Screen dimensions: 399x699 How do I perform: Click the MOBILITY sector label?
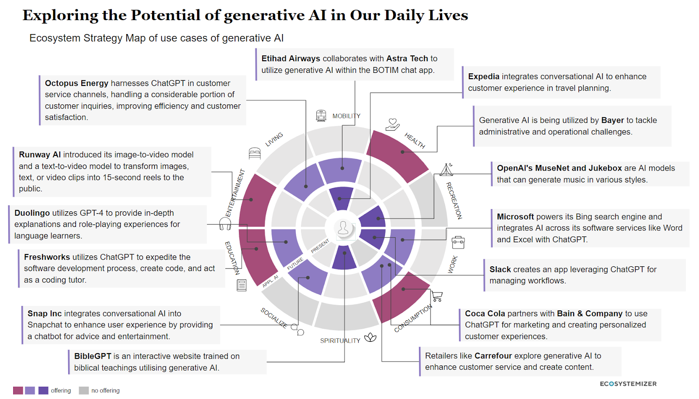[346, 116]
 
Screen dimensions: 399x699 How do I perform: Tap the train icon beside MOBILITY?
[321, 116]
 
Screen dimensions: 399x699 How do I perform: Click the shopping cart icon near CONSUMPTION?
[437, 296]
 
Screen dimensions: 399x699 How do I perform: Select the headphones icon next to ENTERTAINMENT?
[225, 224]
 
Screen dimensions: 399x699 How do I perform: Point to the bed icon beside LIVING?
[255, 153]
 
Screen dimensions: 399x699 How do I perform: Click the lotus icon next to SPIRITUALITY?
[370, 337]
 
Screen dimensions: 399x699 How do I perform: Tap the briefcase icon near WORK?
[458, 242]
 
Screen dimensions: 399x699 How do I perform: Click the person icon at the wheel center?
[343, 228]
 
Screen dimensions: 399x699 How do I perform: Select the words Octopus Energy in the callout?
[76, 83]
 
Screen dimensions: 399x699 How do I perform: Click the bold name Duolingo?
[32, 213]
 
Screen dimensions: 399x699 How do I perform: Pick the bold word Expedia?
[484, 77]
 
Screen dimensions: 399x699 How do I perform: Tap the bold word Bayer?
[612, 120]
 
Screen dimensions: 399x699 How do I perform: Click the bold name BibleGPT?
[93, 356]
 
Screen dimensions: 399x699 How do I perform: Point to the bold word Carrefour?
[493, 356]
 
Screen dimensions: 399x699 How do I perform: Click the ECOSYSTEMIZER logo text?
[628, 384]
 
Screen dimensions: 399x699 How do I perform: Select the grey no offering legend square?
[83, 390]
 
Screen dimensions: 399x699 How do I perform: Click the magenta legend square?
[18, 390]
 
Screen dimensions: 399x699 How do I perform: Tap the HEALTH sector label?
[415, 141]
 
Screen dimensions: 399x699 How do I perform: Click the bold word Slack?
[500, 270]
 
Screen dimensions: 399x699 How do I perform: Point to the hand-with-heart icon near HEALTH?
[392, 125]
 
